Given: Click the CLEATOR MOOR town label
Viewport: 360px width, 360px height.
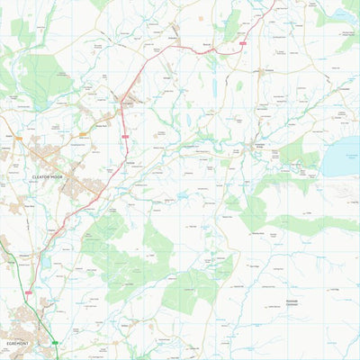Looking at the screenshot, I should pyautogui.click(x=49, y=178).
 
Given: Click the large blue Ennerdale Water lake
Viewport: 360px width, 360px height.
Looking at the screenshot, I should pyautogui.click(x=341, y=157).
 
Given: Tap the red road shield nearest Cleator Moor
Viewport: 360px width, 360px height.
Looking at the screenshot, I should pyautogui.click(x=125, y=136).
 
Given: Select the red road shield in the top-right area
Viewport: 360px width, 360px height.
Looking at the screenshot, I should pyautogui.click(x=242, y=40).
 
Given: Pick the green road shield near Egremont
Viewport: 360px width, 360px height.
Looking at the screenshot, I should pyautogui.click(x=56, y=342).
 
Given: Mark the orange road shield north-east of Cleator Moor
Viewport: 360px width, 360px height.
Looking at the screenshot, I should pyautogui.click(x=84, y=134).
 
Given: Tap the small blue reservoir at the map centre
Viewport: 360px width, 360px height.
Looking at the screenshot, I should pyautogui.click(x=183, y=194).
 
